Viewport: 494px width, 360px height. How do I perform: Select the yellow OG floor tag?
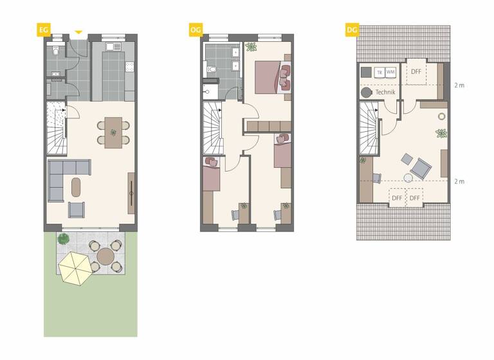pos(195,29)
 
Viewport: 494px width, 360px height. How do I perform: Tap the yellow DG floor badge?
pos(351,29)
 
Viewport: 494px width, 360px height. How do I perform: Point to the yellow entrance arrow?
pos(78,32)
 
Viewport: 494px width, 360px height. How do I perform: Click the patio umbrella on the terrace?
pos(76,267)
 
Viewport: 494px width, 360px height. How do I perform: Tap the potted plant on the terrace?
pos(63,239)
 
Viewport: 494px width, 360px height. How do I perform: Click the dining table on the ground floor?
pos(113,132)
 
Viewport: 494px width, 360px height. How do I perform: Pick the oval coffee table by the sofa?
pos(76,187)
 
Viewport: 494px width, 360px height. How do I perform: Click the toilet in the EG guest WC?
pos(56,51)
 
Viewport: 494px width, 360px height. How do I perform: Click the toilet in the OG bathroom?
pos(211,68)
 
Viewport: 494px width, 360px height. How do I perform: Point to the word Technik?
pos(385,93)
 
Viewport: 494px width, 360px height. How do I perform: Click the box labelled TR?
pos(379,72)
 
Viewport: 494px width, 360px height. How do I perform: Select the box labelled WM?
pos(390,72)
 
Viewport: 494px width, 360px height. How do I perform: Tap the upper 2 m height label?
pos(459,85)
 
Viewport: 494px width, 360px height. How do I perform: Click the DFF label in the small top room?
pos(416,72)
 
